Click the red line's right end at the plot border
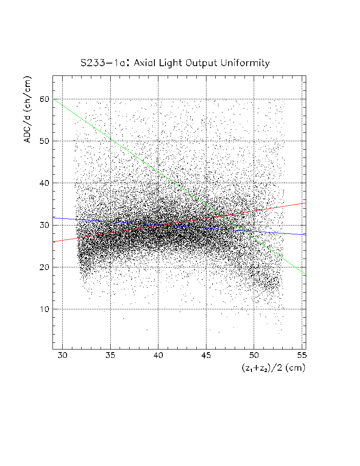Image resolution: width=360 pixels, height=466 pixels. point(305,203)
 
